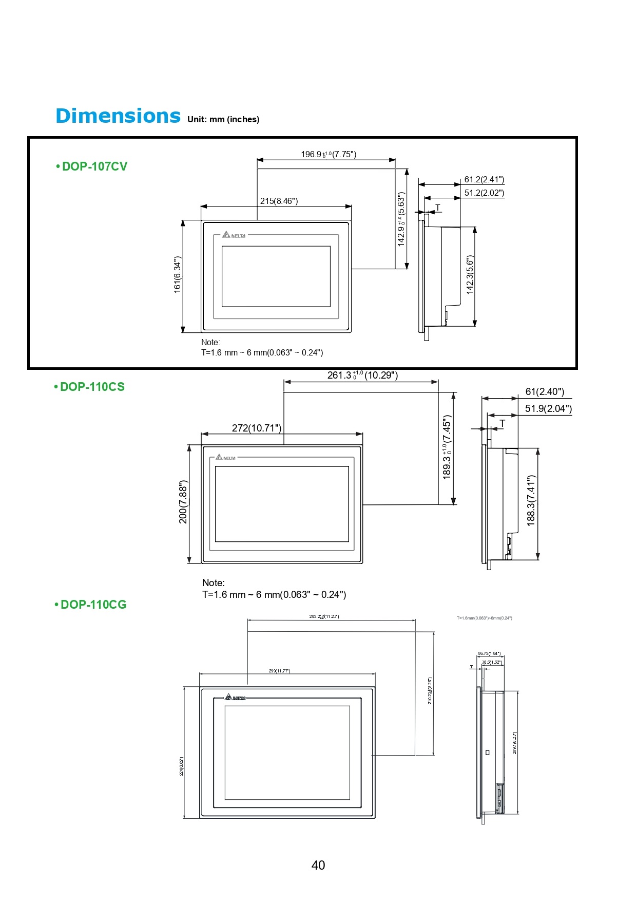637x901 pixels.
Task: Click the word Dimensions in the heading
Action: point(118,117)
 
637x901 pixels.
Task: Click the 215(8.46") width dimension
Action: point(279,201)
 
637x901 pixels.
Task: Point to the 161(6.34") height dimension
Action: point(178,275)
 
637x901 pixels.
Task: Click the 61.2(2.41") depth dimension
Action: point(484,179)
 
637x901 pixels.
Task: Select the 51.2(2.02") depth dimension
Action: point(484,193)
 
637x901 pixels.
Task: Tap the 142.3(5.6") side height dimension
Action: point(470,275)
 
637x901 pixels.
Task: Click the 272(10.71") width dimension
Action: point(257,428)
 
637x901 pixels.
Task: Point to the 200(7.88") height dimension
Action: point(183,502)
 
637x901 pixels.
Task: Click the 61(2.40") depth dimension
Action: point(545,392)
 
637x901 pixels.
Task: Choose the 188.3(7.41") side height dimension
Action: point(531,500)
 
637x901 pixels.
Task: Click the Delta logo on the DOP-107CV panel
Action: point(234,235)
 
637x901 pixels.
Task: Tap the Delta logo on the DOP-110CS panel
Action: point(226,457)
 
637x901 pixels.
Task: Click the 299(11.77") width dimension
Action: point(279,671)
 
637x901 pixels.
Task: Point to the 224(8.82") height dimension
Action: point(181,766)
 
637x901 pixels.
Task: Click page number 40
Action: point(318,866)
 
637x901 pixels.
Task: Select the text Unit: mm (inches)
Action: point(223,120)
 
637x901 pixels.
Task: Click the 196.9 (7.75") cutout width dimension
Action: point(329,154)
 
